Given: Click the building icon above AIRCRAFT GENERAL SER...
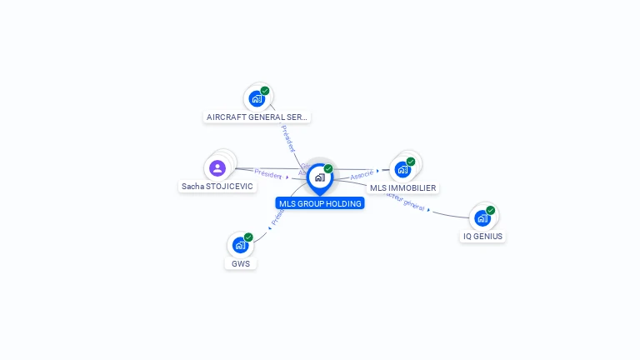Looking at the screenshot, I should [257, 98].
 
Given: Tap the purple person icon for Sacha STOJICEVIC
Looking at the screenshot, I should [217, 168].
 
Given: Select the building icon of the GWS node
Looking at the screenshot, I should [240, 245].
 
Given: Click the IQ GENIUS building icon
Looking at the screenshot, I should [482, 218].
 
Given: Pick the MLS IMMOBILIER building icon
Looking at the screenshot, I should [402, 169].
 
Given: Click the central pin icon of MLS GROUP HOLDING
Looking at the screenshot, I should [319, 177].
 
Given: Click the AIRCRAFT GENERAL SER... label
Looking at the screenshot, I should [257, 117].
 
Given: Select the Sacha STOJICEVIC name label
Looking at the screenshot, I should [217, 187].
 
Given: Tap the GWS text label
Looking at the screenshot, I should [240, 264].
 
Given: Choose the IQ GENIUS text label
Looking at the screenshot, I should [482, 237].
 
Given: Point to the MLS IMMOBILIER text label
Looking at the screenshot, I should [402, 188].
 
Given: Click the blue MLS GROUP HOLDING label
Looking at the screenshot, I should [320, 203].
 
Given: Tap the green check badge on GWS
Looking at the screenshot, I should [248, 237].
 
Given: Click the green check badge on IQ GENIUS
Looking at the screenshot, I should [491, 211].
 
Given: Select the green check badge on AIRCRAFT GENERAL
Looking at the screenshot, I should [265, 91].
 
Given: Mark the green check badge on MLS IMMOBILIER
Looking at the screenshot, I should [411, 162].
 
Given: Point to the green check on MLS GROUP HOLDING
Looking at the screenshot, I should [328, 169].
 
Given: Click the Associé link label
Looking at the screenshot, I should [362, 175].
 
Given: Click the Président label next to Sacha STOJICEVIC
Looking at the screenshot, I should [268, 174].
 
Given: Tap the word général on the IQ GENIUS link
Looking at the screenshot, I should [413, 205].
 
